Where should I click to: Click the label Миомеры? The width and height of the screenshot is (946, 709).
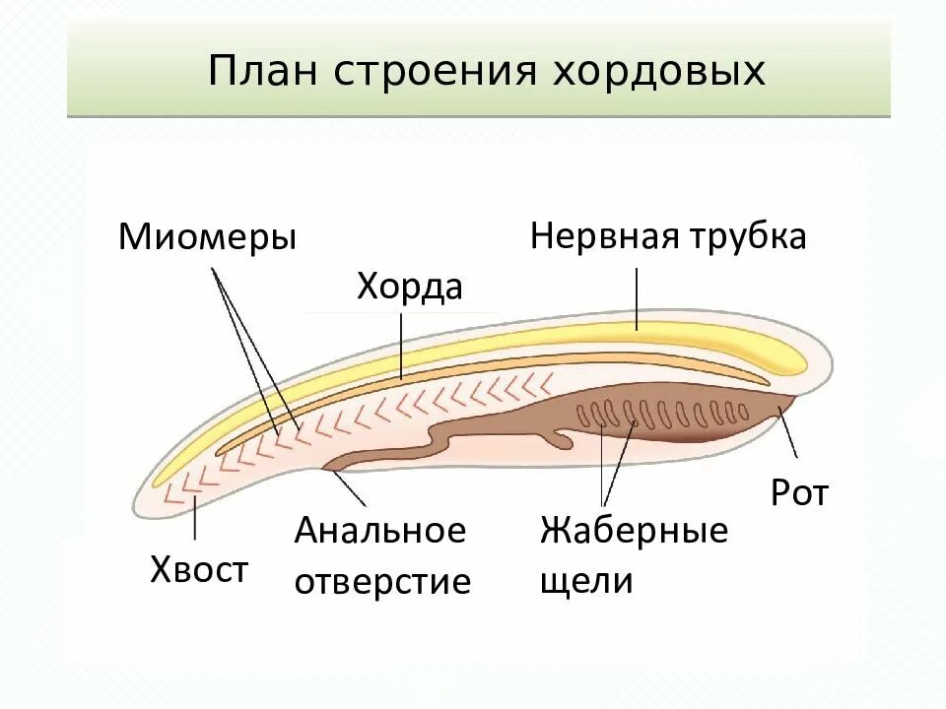(207, 237)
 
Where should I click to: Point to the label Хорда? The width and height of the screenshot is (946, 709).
(409, 288)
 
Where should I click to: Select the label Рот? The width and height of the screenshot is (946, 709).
(799, 493)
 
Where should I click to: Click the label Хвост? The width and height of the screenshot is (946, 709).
(199, 569)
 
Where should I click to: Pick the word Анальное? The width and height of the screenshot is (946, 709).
(379, 531)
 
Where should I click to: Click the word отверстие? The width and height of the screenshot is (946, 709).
(382, 581)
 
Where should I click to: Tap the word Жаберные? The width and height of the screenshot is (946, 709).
(634, 531)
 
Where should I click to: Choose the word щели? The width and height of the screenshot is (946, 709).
(585, 581)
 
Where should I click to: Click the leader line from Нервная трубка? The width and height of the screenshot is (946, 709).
(638, 295)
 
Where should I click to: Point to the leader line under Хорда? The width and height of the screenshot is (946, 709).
(401, 345)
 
